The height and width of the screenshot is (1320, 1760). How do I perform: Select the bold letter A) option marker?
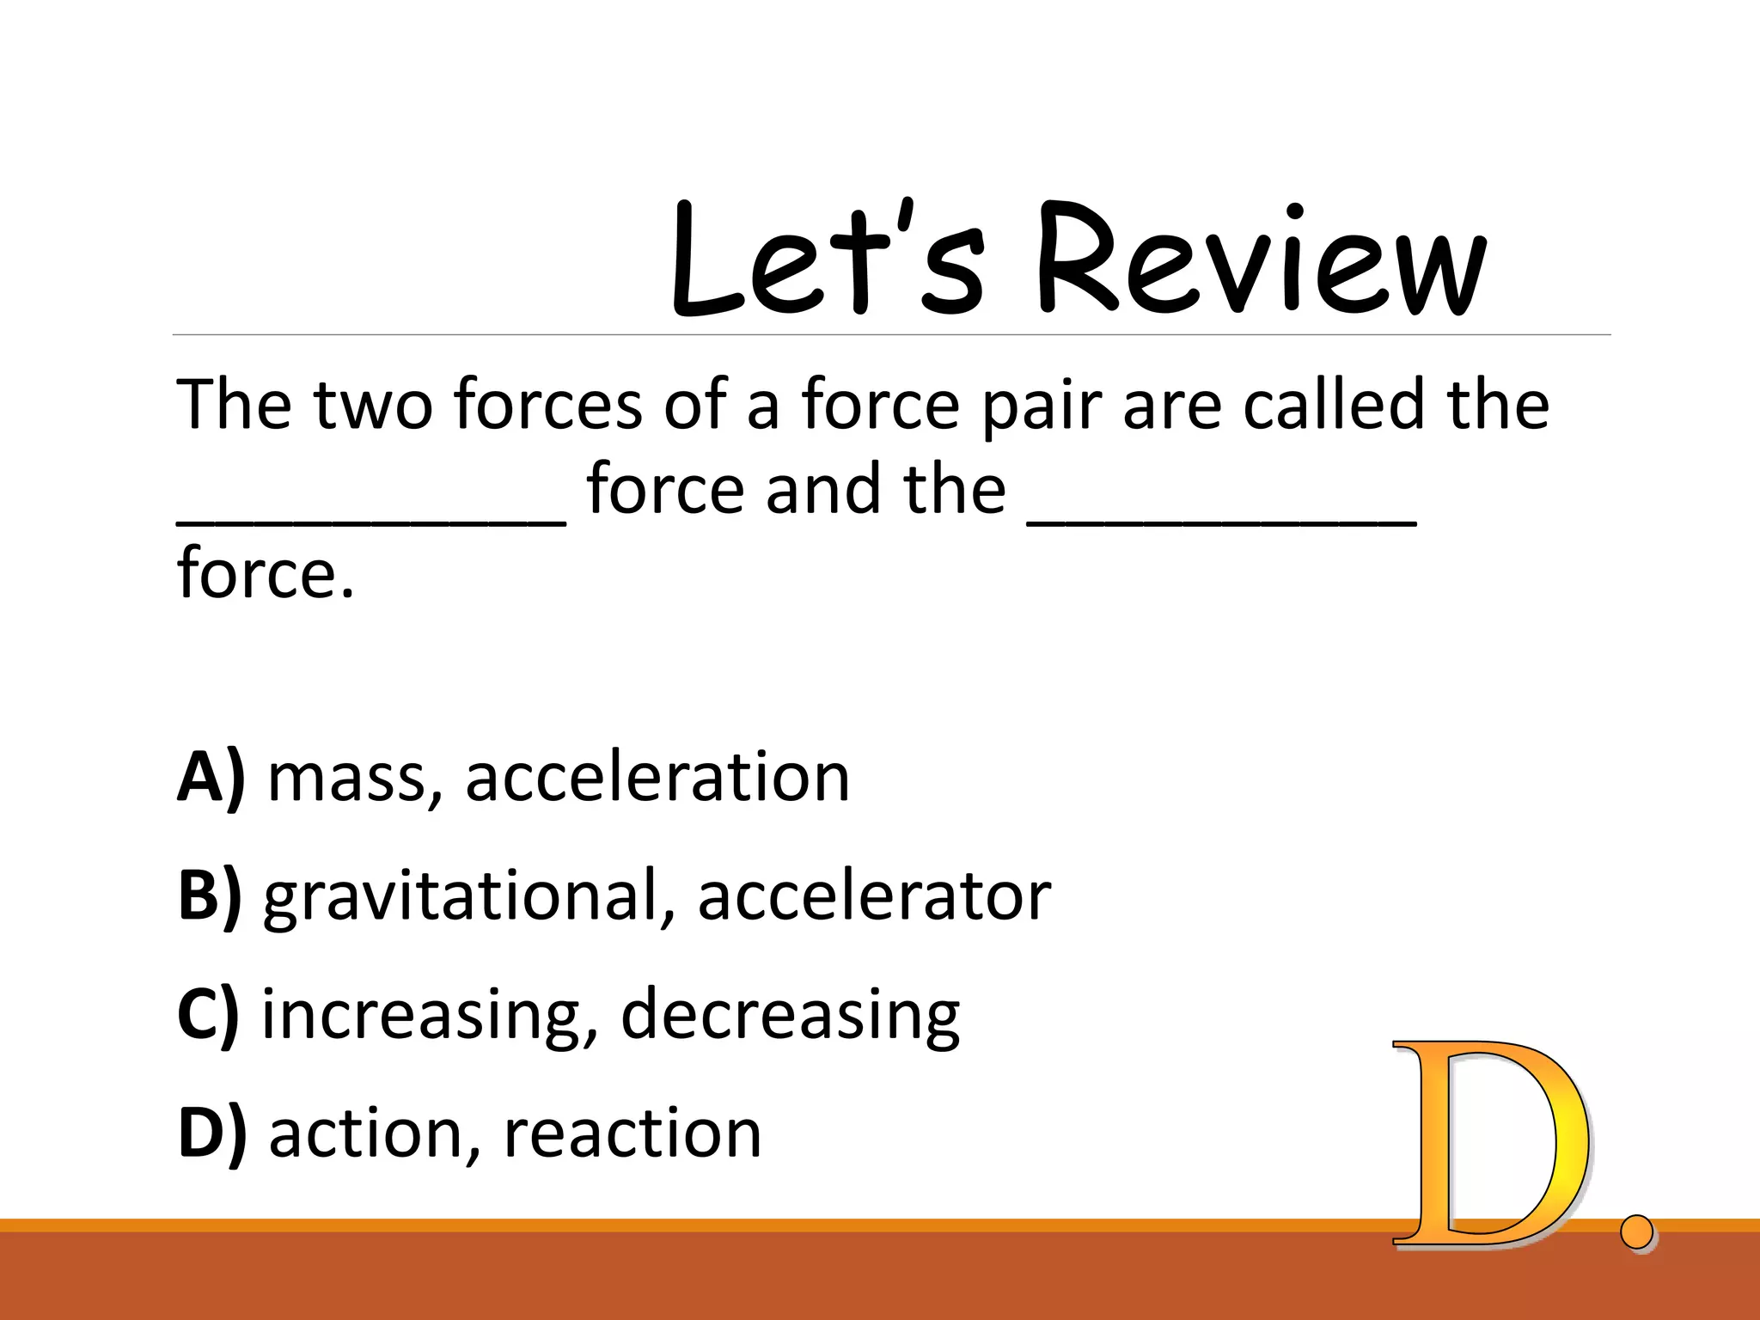211,778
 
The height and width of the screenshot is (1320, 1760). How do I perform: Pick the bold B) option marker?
210,895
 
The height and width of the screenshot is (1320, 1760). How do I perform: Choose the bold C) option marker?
208,1015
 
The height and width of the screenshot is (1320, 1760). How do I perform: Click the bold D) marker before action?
211,1133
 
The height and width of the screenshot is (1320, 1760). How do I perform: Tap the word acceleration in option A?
657,778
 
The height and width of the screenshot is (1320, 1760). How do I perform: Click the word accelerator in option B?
874,895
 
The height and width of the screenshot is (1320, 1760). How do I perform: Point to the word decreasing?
790,1017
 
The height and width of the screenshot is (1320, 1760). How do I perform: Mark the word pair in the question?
1042,406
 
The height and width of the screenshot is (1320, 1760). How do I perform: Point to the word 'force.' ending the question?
266,573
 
